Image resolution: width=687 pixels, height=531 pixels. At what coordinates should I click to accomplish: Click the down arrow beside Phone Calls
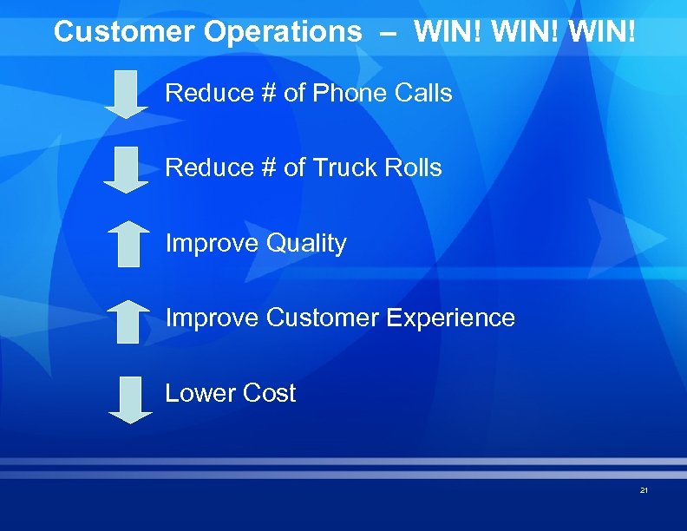[x=127, y=95]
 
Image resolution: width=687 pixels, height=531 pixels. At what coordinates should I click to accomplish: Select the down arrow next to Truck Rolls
[x=127, y=169]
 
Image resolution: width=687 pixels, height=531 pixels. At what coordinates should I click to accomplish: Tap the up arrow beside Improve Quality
[x=128, y=243]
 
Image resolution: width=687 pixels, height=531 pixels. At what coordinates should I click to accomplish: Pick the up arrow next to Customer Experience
[x=128, y=321]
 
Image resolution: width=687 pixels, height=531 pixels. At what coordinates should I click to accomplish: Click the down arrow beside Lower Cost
[x=129, y=399]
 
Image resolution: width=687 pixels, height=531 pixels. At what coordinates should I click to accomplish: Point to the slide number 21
[x=644, y=490]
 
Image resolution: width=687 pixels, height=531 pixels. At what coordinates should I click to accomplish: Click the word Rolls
[x=414, y=167]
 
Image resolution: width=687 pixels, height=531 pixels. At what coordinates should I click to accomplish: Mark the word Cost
[x=269, y=393]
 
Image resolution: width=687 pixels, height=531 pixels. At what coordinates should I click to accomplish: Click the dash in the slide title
[x=388, y=33]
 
